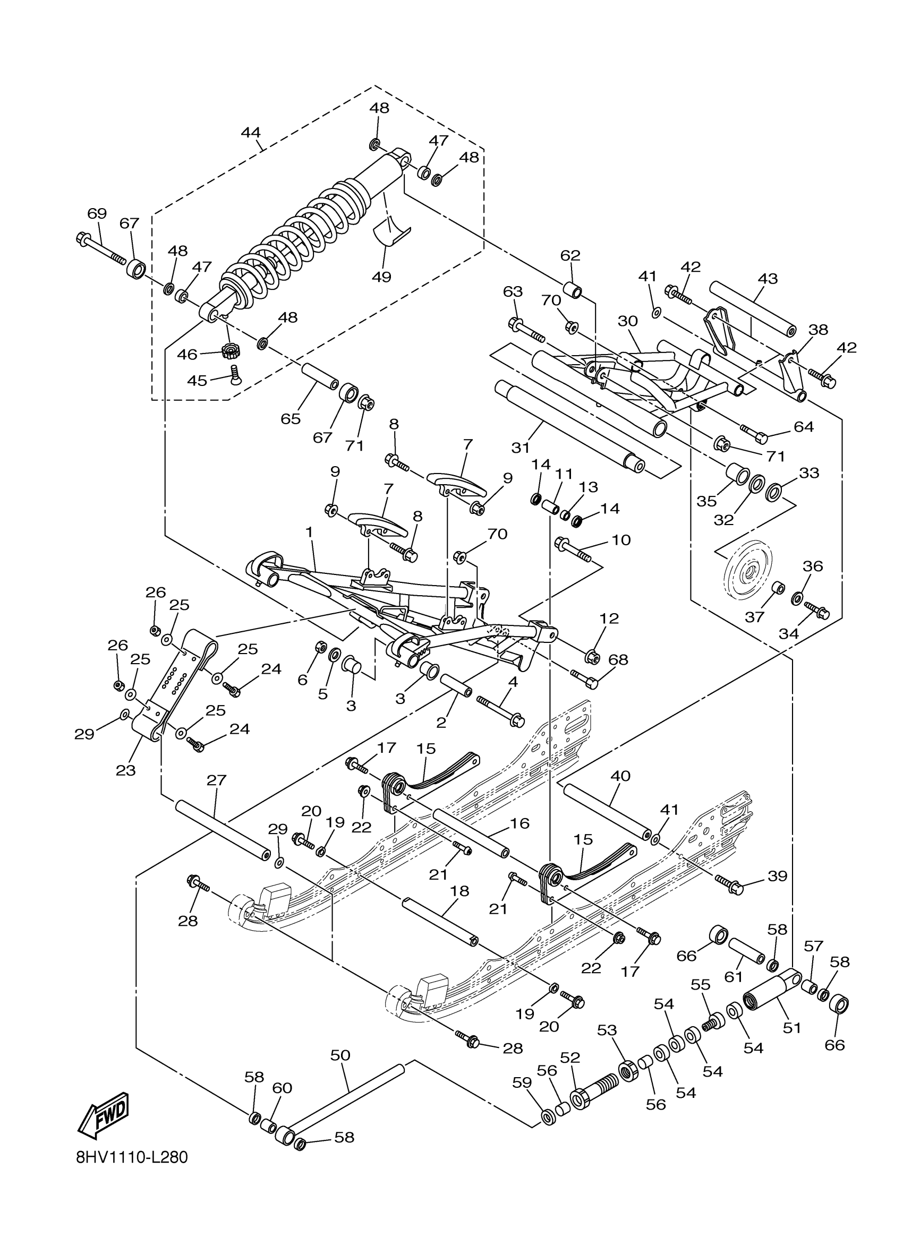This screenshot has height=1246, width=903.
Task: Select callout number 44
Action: click(x=251, y=133)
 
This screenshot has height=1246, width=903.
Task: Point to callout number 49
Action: click(x=381, y=277)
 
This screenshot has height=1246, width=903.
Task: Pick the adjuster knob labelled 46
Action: click(x=229, y=349)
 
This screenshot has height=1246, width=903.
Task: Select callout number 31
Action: click(x=521, y=448)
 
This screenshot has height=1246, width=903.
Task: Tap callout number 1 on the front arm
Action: click(x=310, y=532)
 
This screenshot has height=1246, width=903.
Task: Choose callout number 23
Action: click(x=125, y=770)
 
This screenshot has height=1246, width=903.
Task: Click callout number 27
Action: click(x=217, y=780)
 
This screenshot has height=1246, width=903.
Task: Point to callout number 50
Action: click(x=340, y=1055)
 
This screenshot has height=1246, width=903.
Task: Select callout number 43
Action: click(x=767, y=279)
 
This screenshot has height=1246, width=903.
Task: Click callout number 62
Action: click(x=570, y=255)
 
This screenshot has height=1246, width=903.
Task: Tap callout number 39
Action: click(x=777, y=876)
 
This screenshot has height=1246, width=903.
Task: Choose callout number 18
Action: click(x=459, y=891)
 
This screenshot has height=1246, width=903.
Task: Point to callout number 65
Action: click(x=291, y=419)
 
